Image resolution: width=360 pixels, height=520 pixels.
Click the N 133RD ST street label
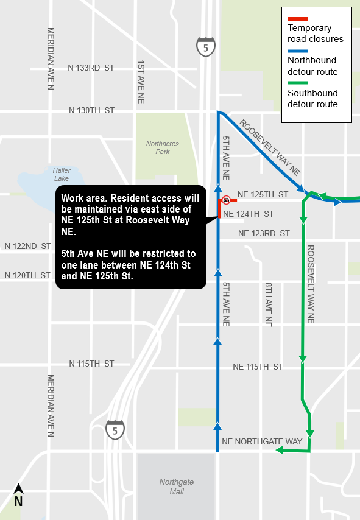point(91,67)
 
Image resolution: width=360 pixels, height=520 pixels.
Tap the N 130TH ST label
point(91,110)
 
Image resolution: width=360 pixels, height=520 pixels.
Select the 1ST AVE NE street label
point(141,80)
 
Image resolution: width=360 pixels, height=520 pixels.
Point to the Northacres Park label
point(163,147)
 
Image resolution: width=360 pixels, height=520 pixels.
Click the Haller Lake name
point(61,175)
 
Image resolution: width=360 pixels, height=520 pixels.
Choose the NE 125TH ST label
point(263,194)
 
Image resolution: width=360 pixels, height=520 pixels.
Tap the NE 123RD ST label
point(264,233)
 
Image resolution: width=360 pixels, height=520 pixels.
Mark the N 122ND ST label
point(27,246)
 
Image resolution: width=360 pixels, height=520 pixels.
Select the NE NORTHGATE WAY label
point(262,441)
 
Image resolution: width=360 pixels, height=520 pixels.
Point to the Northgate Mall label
point(177,487)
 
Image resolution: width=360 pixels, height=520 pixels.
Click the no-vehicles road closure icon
point(226,199)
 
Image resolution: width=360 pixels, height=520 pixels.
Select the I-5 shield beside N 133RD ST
point(206,46)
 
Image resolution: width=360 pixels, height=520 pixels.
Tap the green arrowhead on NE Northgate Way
point(280,451)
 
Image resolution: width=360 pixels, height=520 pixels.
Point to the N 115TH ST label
point(91,364)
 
